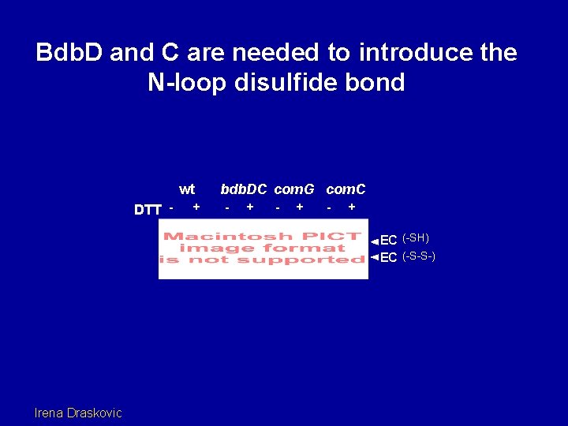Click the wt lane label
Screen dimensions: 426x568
click(187, 189)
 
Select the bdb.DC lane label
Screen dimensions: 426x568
click(244, 189)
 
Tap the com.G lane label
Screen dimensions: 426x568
click(294, 189)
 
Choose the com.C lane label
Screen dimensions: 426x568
click(346, 189)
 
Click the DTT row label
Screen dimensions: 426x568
click(148, 210)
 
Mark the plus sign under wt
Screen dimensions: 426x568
click(196, 207)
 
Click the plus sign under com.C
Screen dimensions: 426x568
click(352, 207)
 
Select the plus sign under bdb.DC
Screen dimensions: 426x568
click(250, 207)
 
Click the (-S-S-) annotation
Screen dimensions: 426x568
click(419, 256)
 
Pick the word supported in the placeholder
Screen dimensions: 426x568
click(316, 260)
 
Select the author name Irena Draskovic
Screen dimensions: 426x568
click(79, 412)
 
